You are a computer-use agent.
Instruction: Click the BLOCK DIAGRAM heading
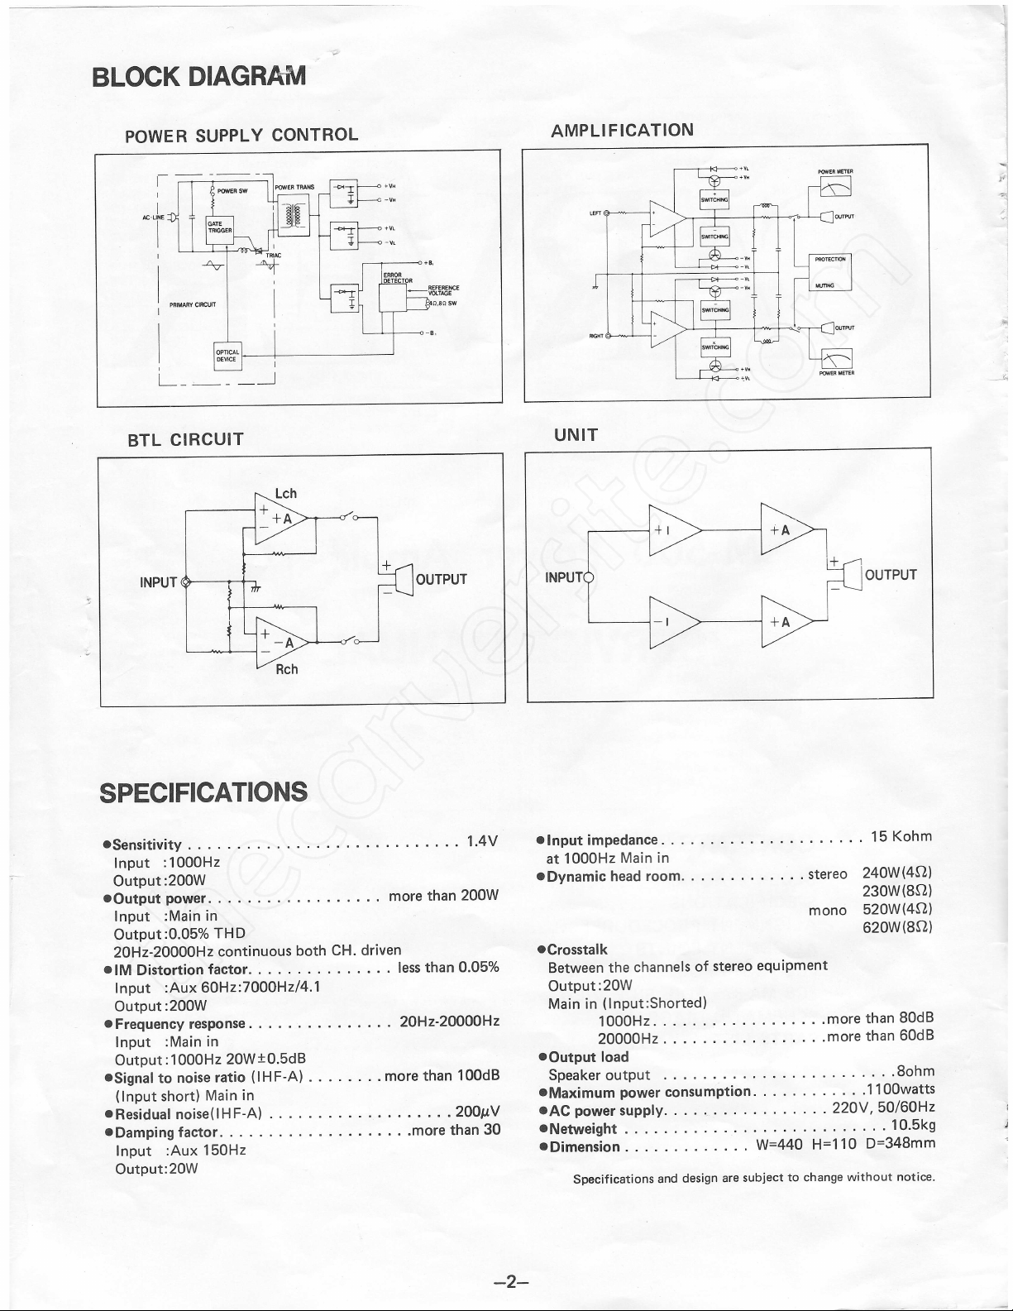[x=198, y=77]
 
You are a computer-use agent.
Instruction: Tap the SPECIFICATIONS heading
[x=203, y=792]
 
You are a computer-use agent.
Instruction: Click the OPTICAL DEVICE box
[x=227, y=356]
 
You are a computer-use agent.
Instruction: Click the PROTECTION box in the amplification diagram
[x=830, y=259]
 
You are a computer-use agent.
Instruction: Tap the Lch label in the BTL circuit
[x=285, y=494]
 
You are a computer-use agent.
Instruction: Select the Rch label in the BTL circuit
[x=286, y=668]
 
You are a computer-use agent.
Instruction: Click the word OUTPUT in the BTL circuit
[x=441, y=579]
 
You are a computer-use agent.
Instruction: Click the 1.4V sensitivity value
[x=482, y=842]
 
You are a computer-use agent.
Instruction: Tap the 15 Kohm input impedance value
[x=901, y=837]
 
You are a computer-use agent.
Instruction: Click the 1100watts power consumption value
[x=899, y=1089]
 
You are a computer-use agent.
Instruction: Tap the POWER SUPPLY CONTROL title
[x=241, y=135]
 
